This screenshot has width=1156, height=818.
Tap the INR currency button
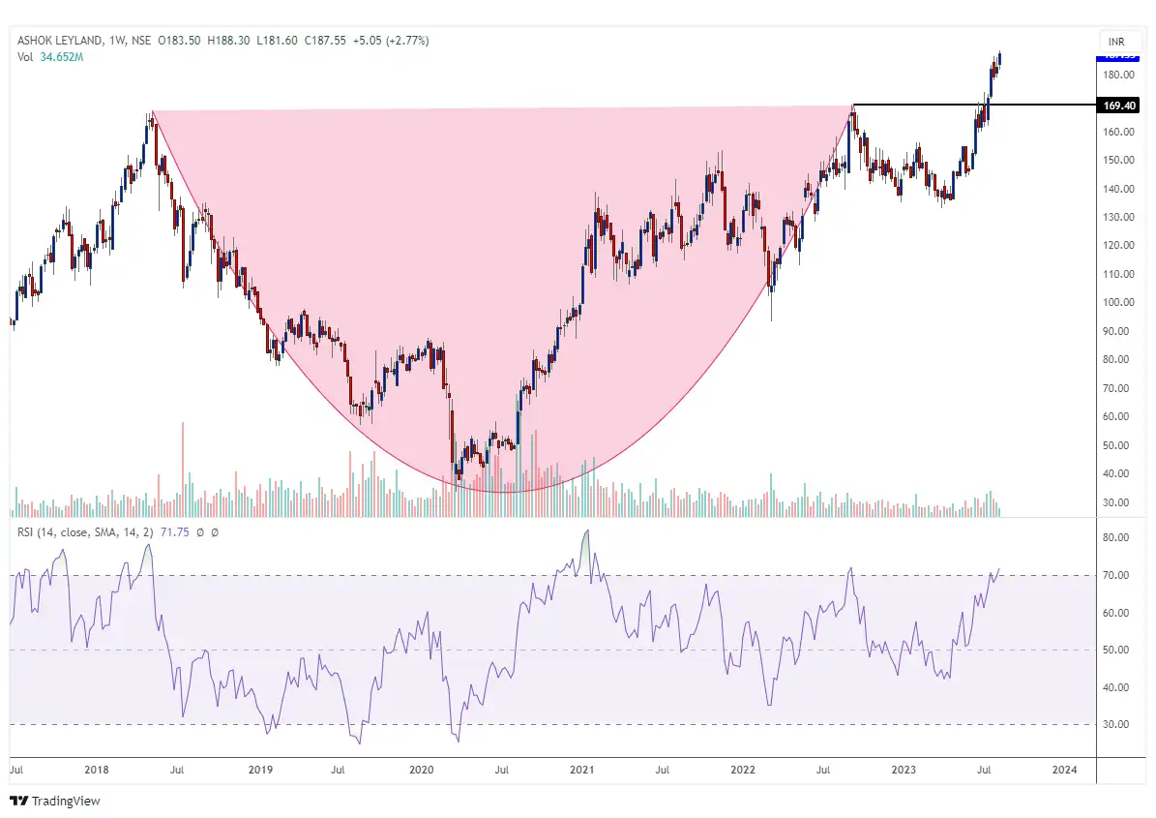point(1115,42)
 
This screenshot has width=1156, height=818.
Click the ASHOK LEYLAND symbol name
point(60,41)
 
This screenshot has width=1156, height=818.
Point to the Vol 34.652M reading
point(50,57)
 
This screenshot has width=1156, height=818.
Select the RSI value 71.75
point(182,532)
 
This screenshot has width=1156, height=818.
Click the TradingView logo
point(55,801)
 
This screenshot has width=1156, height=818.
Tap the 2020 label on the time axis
point(421,770)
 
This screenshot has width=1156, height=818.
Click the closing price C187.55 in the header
point(326,41)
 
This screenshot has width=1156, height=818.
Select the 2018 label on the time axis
point(97,770)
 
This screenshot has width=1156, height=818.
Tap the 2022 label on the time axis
point(742,770)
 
